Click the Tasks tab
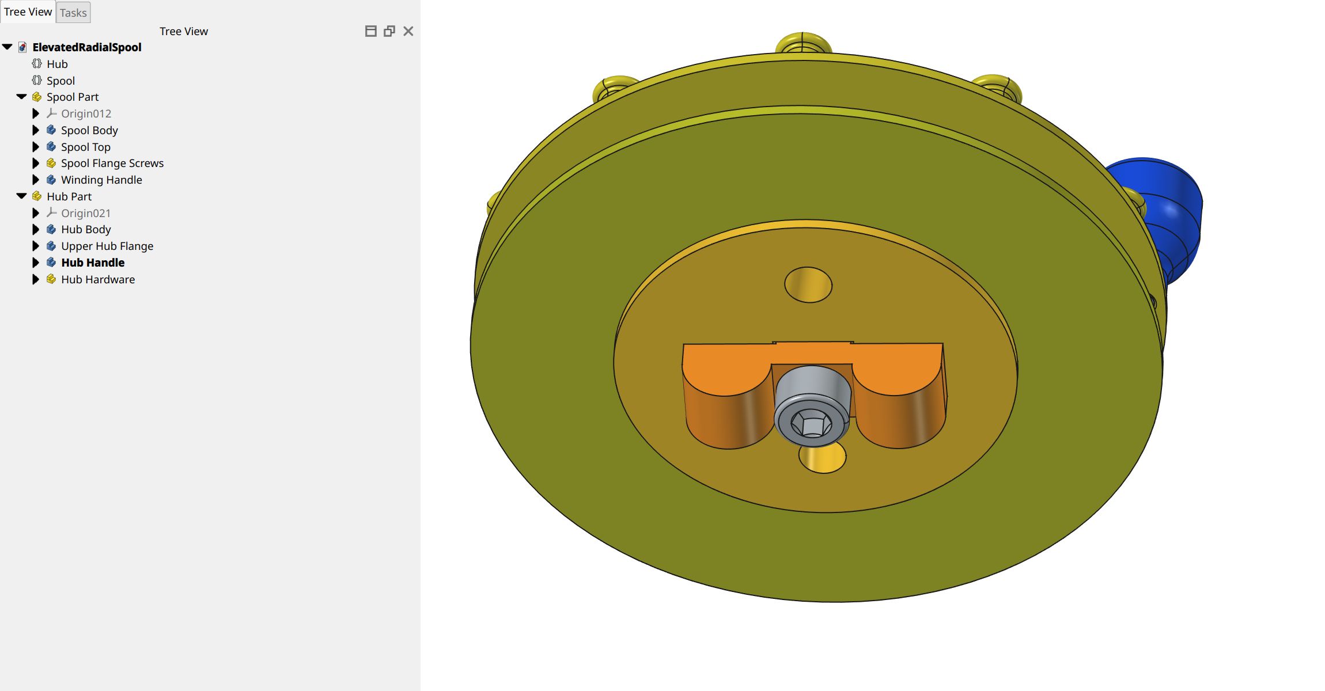[73, 13]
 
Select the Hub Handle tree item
[92, 263]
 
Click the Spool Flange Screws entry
[112, 163]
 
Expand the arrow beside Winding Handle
[36, 180]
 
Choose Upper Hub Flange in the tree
[107, 246]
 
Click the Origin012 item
[86, 113]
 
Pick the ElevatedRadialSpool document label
[86, 47]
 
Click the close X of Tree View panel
[408, 31]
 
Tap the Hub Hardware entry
[97, 279]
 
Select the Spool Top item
[85, 147]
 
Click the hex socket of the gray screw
[811, 425]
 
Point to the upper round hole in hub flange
[808, 284]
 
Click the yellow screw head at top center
[803, 43]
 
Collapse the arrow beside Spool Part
[21, 97]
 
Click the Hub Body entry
[85, 229]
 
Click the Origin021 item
[85, 213]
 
